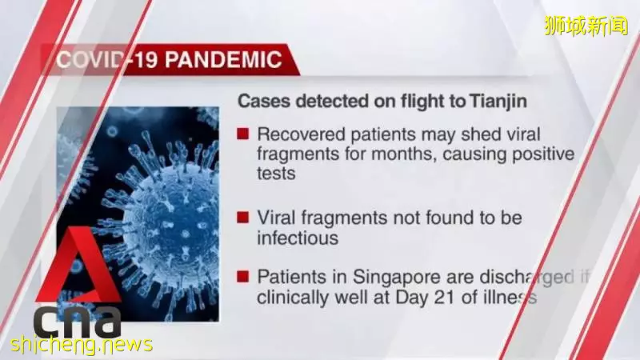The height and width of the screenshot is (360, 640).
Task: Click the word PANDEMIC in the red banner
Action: (x=223, y=59)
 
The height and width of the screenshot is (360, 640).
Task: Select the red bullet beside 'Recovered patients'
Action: (x=243, y=134)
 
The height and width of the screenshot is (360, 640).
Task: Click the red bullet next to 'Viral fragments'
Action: (x=243, y=217)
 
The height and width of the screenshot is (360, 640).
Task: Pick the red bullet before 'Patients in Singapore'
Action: (x=243, y=277)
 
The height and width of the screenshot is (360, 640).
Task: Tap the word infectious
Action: (x=298, y=238)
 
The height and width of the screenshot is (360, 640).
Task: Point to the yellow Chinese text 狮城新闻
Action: (x=586, y=26)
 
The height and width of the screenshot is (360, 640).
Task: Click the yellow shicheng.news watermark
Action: (x=82, y=345)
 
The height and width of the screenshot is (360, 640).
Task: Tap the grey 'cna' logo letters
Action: (x=78, y=323)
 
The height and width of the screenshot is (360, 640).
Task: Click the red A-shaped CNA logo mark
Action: (x=78, y=267)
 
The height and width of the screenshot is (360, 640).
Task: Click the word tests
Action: (x=276, y=174)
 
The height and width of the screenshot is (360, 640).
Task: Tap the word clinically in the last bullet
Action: (x=294, y=298)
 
